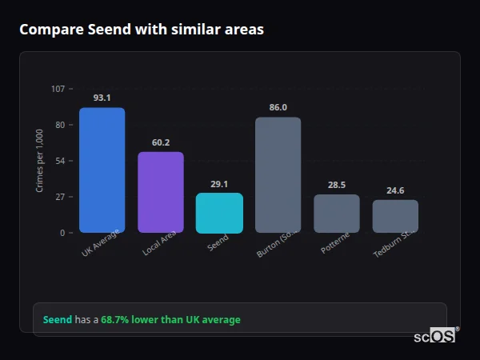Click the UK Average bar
click(x=102, y=170)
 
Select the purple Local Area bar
click(x=160, y=192)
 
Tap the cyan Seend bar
click(x=219, y=213)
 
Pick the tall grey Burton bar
click(x=278, y=175)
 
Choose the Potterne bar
click(x=336, y=214)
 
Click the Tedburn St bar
click(x=395, y=216)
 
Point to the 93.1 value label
click(x=102, y=98)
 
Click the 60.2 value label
click(x=160, y=142)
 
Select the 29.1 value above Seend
click(x=219, y=183)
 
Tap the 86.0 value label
click(x=278, y=107)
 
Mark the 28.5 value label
click(x=336, y=185)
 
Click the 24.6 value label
click(x=395, y=190)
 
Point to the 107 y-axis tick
click(x=58, y=89)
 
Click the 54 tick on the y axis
click(x=60, y=161)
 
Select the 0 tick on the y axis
click(x=62, y=233)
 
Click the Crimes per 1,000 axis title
click(x=40, y=160)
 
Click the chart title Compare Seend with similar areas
click(x=142, y=30)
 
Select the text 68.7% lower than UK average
click(x=170, y=320)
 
